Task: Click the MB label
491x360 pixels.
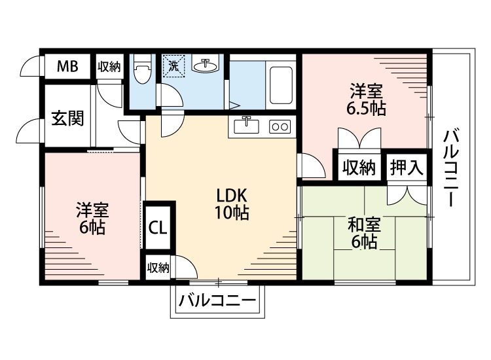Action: tap(67, 66)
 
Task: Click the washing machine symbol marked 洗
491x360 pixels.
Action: tap(173, 65)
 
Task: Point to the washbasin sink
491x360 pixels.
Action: tap(206, 65)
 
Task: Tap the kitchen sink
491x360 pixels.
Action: tap(247, 124)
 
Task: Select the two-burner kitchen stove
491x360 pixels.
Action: tap(279, 126)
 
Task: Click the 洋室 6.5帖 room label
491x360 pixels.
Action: tap(365, 99)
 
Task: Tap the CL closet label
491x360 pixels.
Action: tap(158, 228)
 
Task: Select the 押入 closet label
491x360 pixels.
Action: tap(407, 168)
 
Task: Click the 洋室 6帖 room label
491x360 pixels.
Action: tap(92, 219)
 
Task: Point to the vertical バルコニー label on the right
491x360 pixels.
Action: tap(450, 168)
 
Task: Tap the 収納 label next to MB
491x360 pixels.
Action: tap(109, 66)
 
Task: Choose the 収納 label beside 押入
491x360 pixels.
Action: tap(358, 168)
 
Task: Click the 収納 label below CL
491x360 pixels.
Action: tap(158, 267)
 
